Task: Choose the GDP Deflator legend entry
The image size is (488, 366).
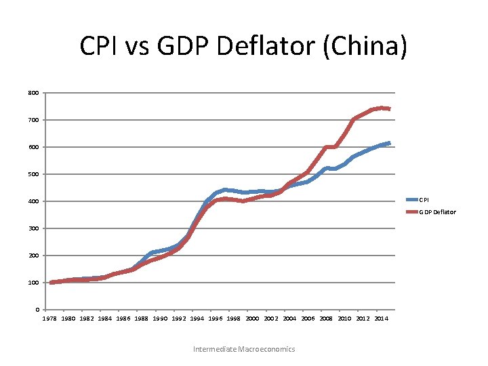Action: pyautogui.click(x=437, y=212)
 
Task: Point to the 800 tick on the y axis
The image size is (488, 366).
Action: pyautogui.click(x=34, y=93)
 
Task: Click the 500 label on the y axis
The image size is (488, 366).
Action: pyautogui.click(x=34, y=174)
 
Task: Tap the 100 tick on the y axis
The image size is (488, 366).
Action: pyautogui.click(x=34, y=283)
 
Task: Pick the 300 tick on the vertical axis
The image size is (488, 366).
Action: pyautogui.click(x=34, y=228)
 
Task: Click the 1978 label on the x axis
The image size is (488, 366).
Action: pyautogui.click(x=51, y=319)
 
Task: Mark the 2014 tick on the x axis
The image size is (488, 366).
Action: pyautogui.click(x=381, y=319)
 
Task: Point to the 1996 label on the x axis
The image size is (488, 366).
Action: pyautogui.click(x=216, y=319)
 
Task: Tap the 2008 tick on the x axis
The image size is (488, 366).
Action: pyautogui.click(x=326, y=319)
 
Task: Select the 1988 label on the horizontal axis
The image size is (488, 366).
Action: pyautogui.click(x=142, y=319)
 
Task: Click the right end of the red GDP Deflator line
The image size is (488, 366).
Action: pyautogui.click(x=389, y=108)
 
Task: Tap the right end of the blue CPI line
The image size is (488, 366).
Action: pyautogui.click(x=389, y=143)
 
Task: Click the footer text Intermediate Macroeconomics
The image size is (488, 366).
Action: pyautogui.click(x=244, y=349)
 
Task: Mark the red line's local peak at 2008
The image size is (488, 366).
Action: pyautogui.click(x=327, y=147)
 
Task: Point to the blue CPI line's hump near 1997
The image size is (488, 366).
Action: pyautogui.click(x=225, y=190)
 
